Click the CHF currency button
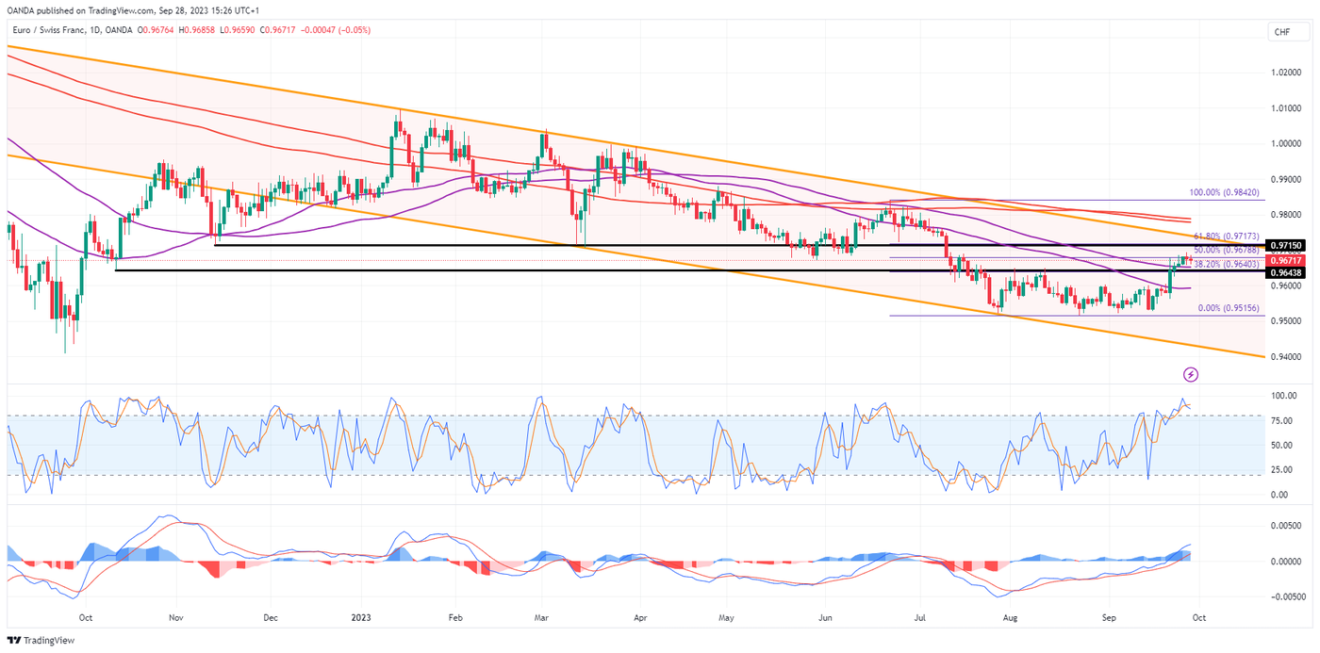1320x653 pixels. pos(1281,32)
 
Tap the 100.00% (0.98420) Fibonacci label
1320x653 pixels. pos(1225,192)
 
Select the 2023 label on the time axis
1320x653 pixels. pos(361,618)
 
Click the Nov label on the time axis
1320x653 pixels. pos(174,618)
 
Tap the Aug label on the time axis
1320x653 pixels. pos(1010,618)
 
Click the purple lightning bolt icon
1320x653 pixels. pos(1191,375)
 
